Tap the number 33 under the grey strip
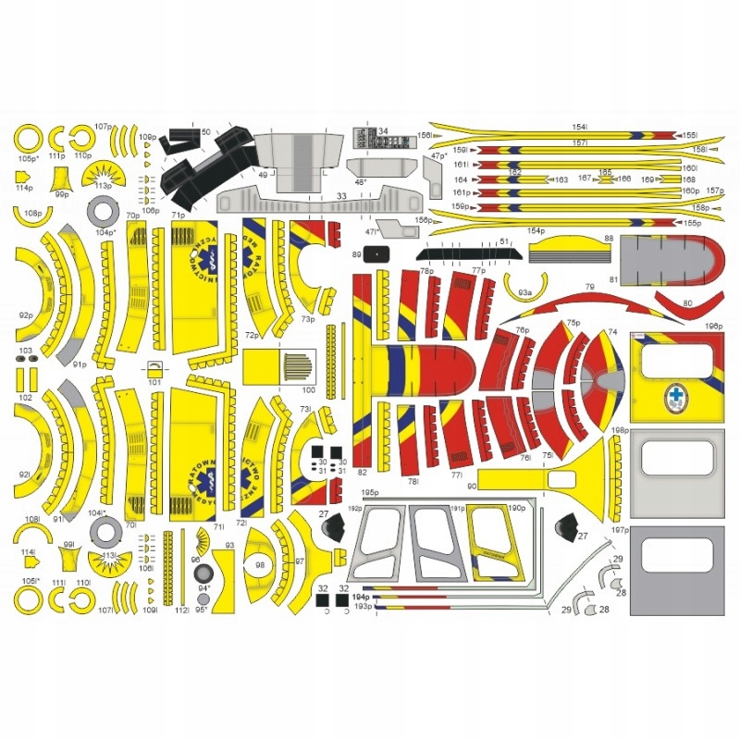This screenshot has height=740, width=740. (x=341, y=196)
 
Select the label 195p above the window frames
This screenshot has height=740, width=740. (x=370, y=494)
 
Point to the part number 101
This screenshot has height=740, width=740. (x=154, y=381)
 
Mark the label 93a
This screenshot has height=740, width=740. (x=524, y=292)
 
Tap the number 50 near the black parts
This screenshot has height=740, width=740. (x=205, y=132)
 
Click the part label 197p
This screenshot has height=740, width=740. (x=620, y=530)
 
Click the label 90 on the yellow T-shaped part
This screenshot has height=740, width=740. (x=471, y=486)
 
